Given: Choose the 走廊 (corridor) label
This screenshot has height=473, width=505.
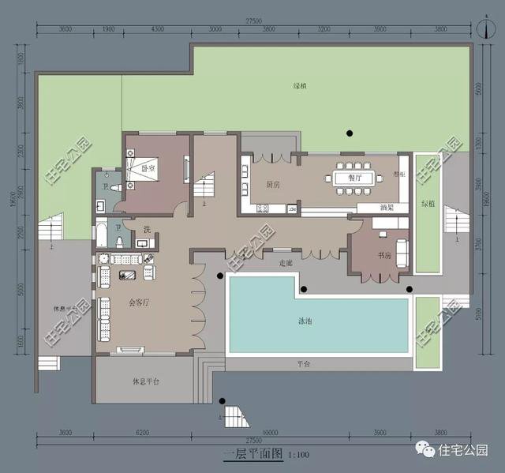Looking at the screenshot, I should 286,262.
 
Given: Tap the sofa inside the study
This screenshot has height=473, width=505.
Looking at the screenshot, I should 402,251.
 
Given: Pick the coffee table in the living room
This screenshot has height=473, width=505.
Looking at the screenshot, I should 127,274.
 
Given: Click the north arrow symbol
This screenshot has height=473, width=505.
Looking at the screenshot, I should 482,26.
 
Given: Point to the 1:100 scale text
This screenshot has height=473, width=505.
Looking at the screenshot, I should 299,455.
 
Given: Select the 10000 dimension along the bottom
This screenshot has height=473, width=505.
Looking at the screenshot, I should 272,431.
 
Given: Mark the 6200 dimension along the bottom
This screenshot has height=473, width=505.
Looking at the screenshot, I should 142,431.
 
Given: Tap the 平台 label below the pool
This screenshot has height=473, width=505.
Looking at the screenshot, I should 305,364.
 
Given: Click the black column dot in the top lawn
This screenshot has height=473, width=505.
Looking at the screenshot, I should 345,133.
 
